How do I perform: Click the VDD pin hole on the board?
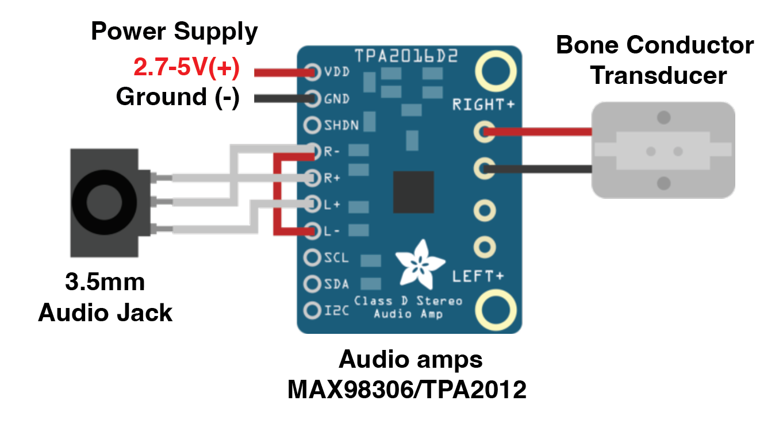[x=312, y=73]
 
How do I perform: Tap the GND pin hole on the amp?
[x=312, y=99]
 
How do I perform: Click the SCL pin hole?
[x=312, y=257]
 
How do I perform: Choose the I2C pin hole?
[x=312, y=311]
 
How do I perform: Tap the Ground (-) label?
[x=177, y=97]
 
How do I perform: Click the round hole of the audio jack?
[x=104, y=202]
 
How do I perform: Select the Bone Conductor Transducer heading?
[x=655, y=60]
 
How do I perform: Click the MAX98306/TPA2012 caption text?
[x=407, y=390]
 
